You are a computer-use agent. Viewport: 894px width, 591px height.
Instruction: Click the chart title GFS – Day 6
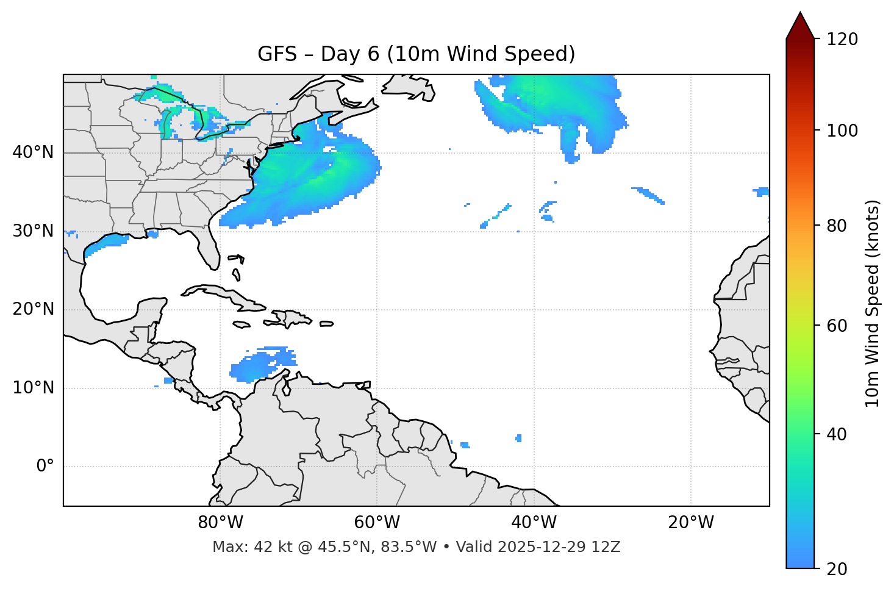pos(416,54)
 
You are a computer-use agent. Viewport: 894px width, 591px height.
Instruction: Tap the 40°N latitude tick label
pos(33,152)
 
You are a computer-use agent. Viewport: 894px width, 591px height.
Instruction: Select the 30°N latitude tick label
pos(33,231)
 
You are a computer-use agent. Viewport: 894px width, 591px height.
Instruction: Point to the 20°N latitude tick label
pos(33,309)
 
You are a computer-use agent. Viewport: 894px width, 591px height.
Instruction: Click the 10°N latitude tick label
pos(33,388)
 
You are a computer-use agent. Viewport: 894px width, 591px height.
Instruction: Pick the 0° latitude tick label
pos(45,467)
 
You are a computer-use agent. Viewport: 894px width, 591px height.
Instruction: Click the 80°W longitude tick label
pos(220,523)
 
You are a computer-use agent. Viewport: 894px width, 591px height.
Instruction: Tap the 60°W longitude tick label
pos(377,523)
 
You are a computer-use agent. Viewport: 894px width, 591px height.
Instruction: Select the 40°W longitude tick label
pos(534,523)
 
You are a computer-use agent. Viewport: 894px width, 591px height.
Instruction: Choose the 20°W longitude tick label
pos(690,523)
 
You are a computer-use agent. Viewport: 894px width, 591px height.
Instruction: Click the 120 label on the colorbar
pos(842,40)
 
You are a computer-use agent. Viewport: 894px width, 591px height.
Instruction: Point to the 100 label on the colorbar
pos(842,131)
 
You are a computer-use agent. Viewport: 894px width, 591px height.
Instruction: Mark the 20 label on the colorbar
pos(837,569)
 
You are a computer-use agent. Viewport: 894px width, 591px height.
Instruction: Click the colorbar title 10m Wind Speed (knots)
pos(873,303)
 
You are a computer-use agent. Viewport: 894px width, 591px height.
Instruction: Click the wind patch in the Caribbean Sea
pos(259,365)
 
